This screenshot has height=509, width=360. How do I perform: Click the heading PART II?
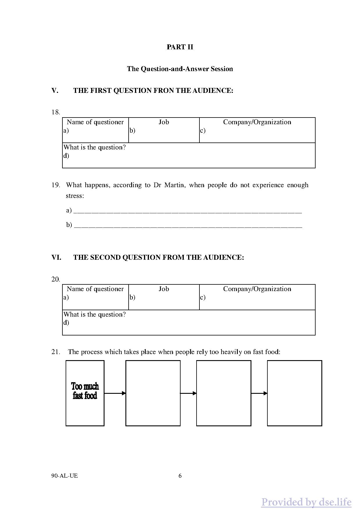(180, 47)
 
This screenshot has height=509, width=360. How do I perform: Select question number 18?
(55, 112)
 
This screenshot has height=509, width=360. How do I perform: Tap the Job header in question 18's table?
(164, 122)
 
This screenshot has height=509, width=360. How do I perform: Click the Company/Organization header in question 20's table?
(257, 289)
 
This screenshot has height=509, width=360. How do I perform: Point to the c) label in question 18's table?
(203, 131)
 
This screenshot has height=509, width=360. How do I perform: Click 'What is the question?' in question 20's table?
(95, 315)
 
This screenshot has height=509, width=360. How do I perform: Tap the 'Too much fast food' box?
(85, 393)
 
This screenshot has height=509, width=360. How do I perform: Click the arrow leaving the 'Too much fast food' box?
(115, 393)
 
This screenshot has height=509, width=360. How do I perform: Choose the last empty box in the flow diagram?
(294, 393)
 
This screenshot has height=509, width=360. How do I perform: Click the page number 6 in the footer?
(180, 476)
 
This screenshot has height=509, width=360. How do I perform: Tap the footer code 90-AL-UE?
(64, 476)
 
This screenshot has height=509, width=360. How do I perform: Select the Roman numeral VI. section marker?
(56, 258)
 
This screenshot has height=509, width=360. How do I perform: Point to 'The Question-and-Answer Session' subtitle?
(180, 69)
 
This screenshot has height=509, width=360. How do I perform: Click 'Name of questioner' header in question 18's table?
(95, 122)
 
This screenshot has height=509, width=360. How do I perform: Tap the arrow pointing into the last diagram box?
(259, 393)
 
